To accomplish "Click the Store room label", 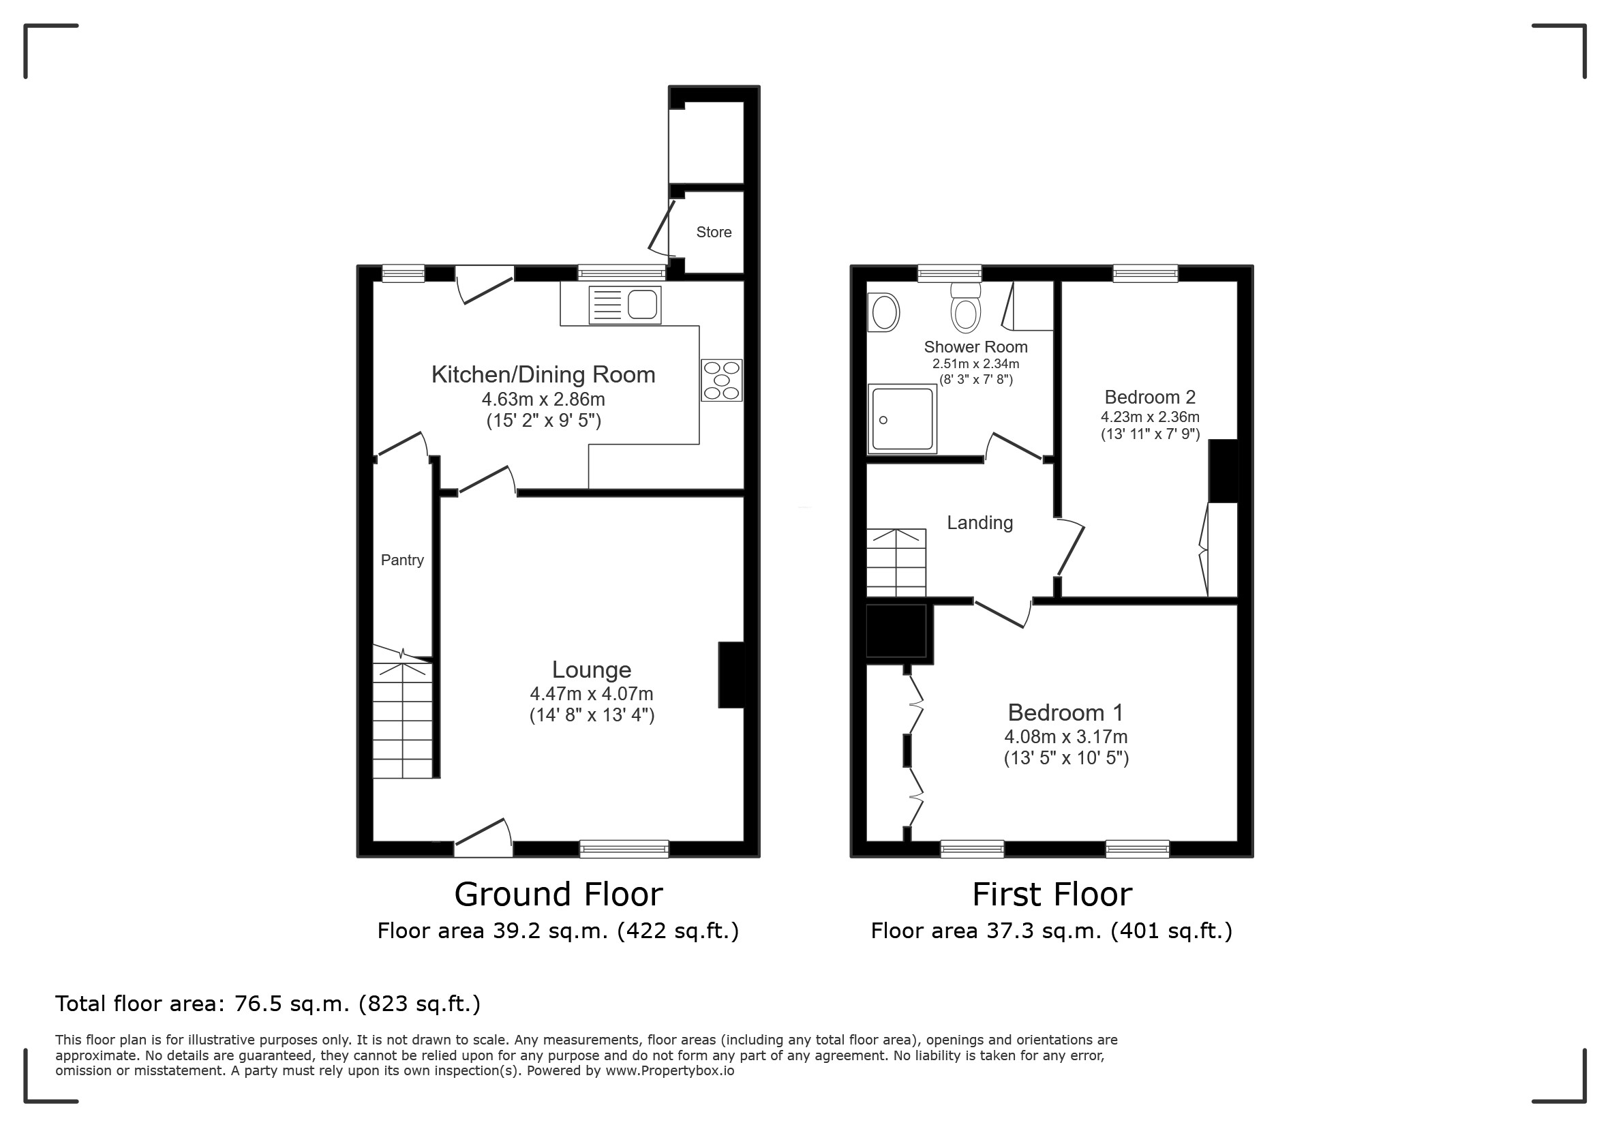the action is (714, 232).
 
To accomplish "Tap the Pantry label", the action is (402, 560).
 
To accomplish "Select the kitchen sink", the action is (625, 305).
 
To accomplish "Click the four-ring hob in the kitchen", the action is (722, 380).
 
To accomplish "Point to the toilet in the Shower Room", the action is (966, 308).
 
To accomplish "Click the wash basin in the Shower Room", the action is (883, 312).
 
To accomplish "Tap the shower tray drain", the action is (883, 420).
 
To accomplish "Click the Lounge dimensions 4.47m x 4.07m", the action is (592, 694).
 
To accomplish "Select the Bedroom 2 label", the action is (1150, 397).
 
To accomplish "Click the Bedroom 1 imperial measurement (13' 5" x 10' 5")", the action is (1067, 758).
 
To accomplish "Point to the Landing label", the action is (980, 523).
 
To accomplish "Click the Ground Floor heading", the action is (559, 894).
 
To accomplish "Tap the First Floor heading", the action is (1052, 894).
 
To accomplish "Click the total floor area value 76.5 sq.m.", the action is (292, 1004).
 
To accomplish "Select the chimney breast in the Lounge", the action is (731, 675).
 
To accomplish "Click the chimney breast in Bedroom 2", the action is (1223, 470).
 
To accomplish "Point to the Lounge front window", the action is (624, 849).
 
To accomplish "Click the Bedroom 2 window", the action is (1146, 273).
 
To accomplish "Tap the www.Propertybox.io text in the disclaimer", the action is (669, 1071).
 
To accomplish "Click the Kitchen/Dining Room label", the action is (543, 374).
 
